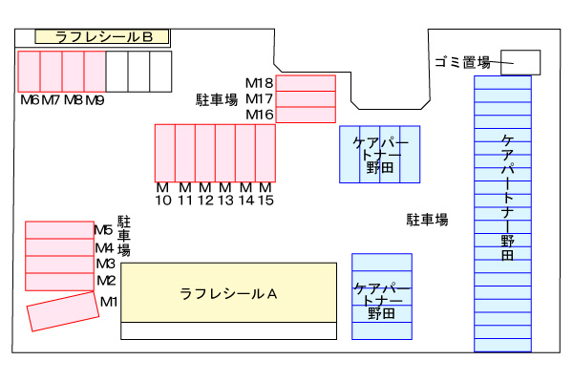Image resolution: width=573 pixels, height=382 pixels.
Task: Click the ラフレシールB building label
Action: click(x=104, y=37)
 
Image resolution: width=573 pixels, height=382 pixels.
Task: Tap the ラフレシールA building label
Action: click(x=228, y=294)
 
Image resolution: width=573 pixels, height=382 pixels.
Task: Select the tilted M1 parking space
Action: click(x=63, y=311)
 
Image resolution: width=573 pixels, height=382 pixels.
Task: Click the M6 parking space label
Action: click(x=30, y=99)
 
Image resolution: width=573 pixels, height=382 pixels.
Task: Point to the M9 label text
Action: click(x=95, y=99)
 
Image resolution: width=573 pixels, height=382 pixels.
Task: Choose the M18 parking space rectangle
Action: click(x=306, y=83)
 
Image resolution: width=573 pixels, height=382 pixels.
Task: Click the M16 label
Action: click(x=260, y=115)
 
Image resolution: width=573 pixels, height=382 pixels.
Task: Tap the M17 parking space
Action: click(x=306, y=99)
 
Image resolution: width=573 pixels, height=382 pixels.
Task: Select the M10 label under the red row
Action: click(x=163, y=194)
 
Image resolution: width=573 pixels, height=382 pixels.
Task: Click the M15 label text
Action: click(x=265, y=194)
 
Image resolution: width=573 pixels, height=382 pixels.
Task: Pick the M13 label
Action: click(x=225, y=194)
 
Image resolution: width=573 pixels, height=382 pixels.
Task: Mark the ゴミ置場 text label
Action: click(x=462, y=62)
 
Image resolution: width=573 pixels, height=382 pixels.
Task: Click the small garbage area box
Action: click(x=520, y=62)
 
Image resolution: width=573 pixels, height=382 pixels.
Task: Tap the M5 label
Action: click(x=103, y=230)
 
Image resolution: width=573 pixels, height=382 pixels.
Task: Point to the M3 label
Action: click(x=106, y=264)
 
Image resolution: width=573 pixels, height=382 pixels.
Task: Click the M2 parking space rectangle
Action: click(x=59, y=282)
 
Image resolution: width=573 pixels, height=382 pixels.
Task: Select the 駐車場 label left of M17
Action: click(x=217, y=99)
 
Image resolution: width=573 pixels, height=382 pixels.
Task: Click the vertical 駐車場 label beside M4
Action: click(x=124, y=236)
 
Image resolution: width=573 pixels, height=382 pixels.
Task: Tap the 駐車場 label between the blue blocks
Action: click(x=427, y=220)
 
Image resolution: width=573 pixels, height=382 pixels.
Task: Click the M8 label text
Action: click(x=74, y=99)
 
